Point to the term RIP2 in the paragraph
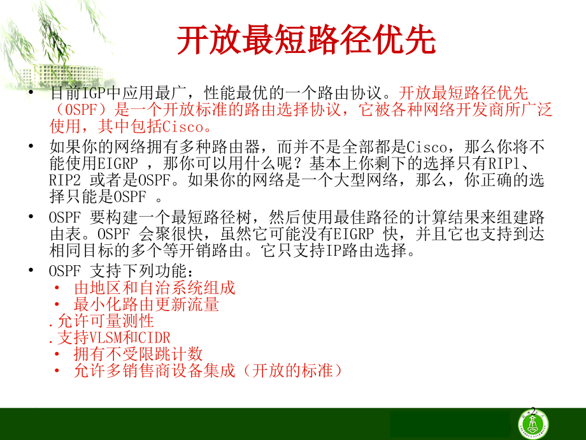tap(65, 180)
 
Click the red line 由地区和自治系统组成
tap(155, 288)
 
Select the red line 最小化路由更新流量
tap(146, 304)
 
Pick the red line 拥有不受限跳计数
tap(138, 353)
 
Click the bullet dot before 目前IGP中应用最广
tap(32, 93)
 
